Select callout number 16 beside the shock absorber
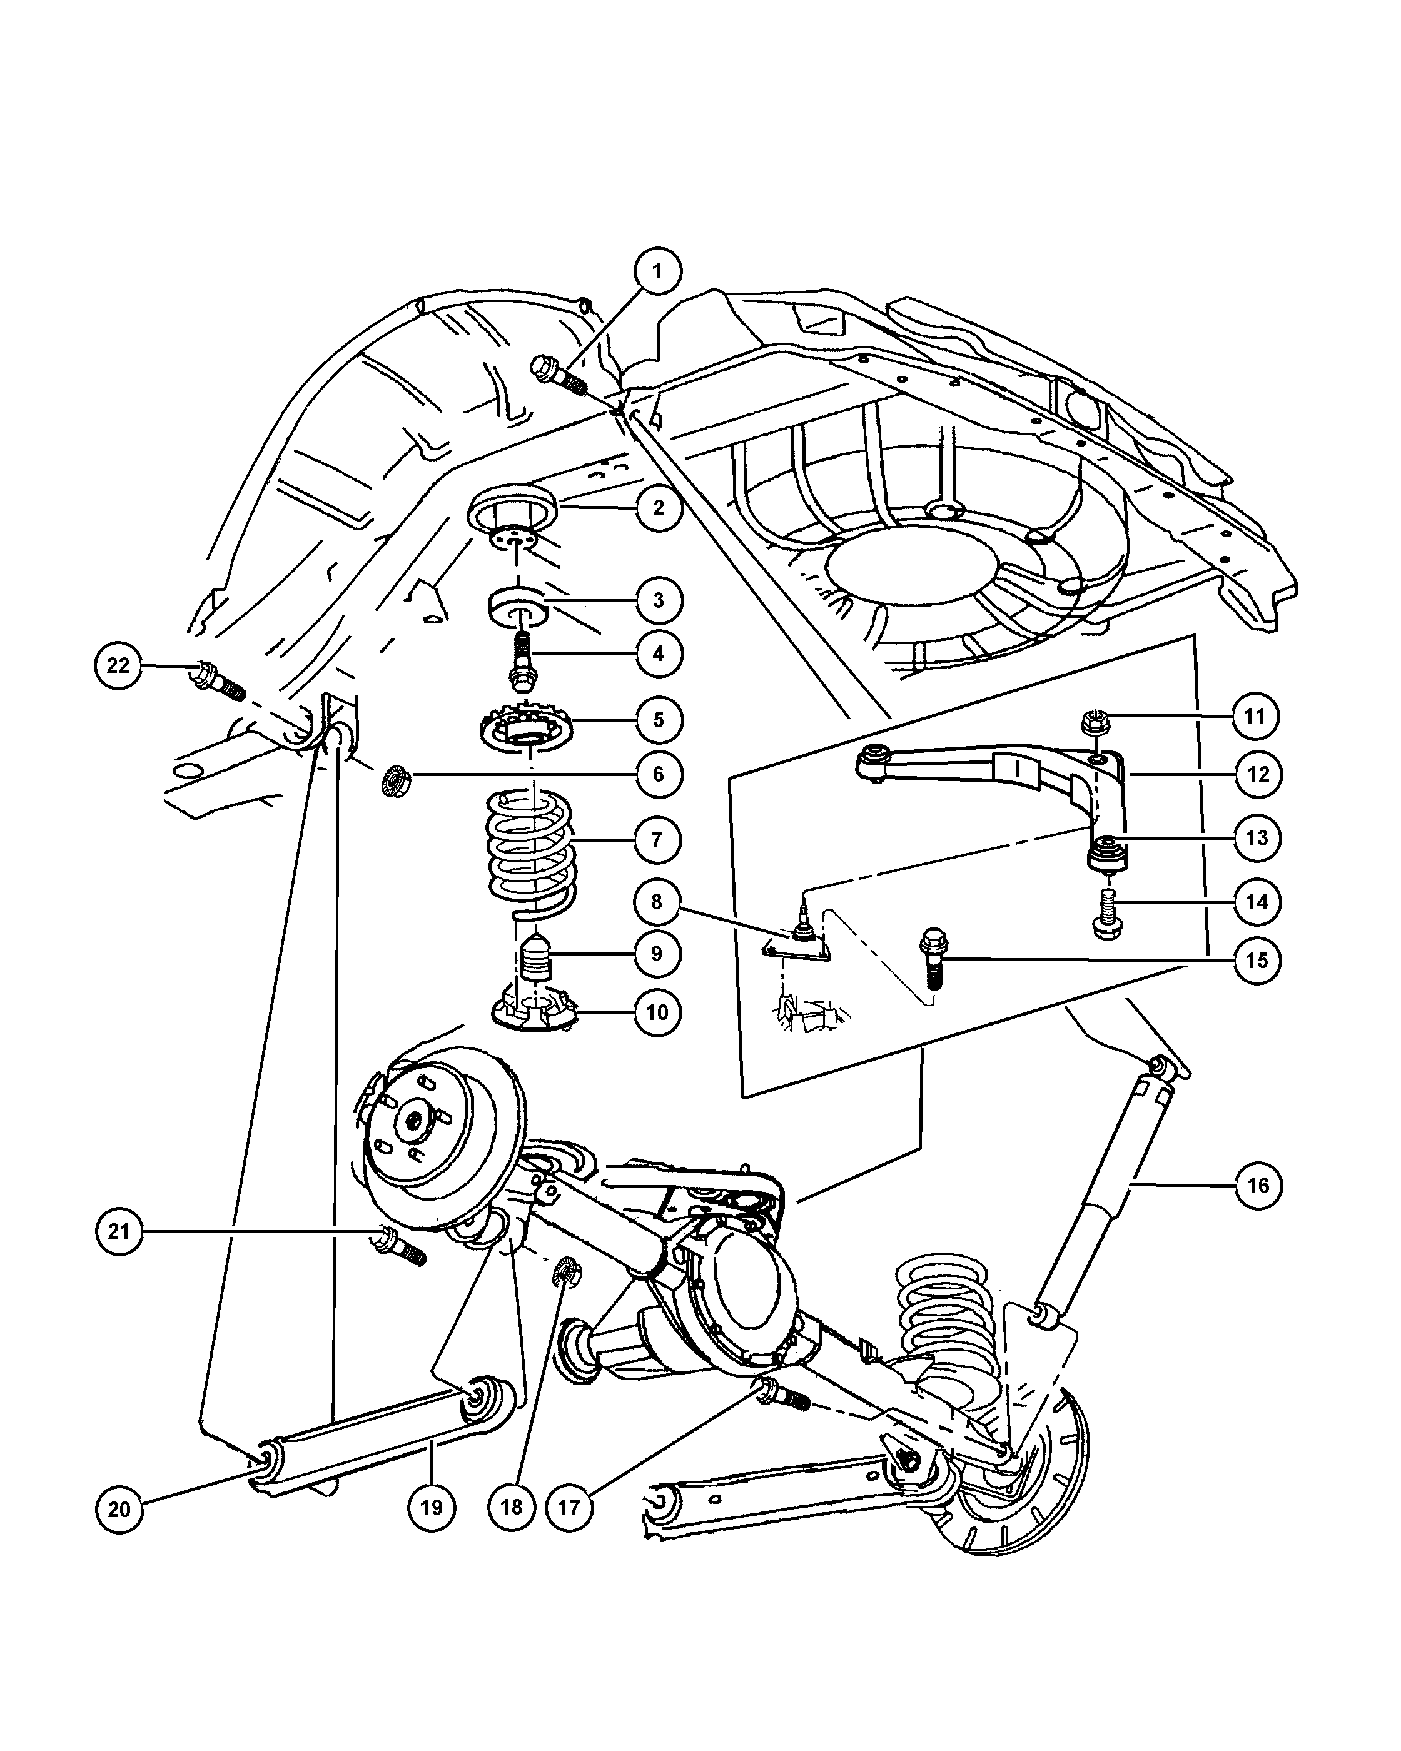[1257, 1186]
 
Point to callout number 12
[1257, 774]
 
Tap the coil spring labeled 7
[529, 845]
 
